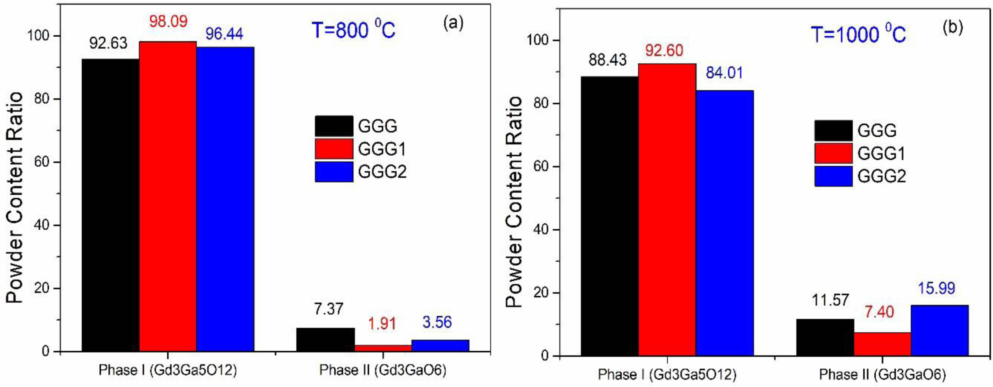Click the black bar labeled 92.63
(110, 204)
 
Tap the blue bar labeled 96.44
(225, 199)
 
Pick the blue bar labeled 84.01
(725, 223)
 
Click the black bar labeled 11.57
(825, 337)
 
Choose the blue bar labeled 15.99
(939, 330)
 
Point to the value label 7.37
(328, 309)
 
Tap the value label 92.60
(664, 51)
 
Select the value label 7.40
(879, 312)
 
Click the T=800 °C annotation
(353, 30)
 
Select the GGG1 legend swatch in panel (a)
(334, 149)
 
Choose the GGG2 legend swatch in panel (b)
(833, 176)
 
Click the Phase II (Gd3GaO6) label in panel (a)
(382, 370)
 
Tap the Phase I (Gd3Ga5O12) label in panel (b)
(667, 375)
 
